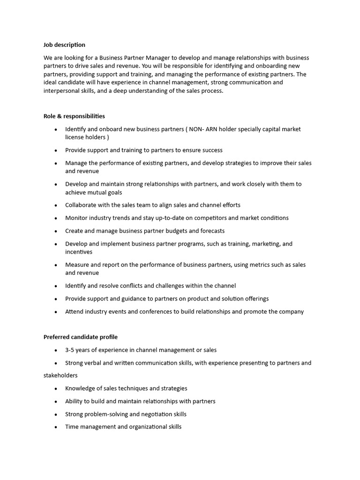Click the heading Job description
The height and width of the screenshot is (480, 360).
[64, 45]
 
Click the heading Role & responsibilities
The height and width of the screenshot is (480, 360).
[74, 116]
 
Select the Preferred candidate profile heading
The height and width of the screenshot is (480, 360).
[81, 337]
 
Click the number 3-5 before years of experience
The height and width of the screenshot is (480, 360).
[71, 350]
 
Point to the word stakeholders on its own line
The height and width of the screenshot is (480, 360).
[60, 375]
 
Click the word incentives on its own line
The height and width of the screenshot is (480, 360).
[79, 252]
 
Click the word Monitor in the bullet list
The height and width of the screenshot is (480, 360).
[76, 218]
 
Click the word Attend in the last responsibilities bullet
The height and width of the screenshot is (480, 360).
[75, 312]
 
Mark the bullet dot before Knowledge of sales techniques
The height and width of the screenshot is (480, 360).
[56, 389]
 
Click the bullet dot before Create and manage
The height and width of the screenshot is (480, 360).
[56, 231]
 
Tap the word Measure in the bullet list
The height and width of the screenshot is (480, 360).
[77, 265]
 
